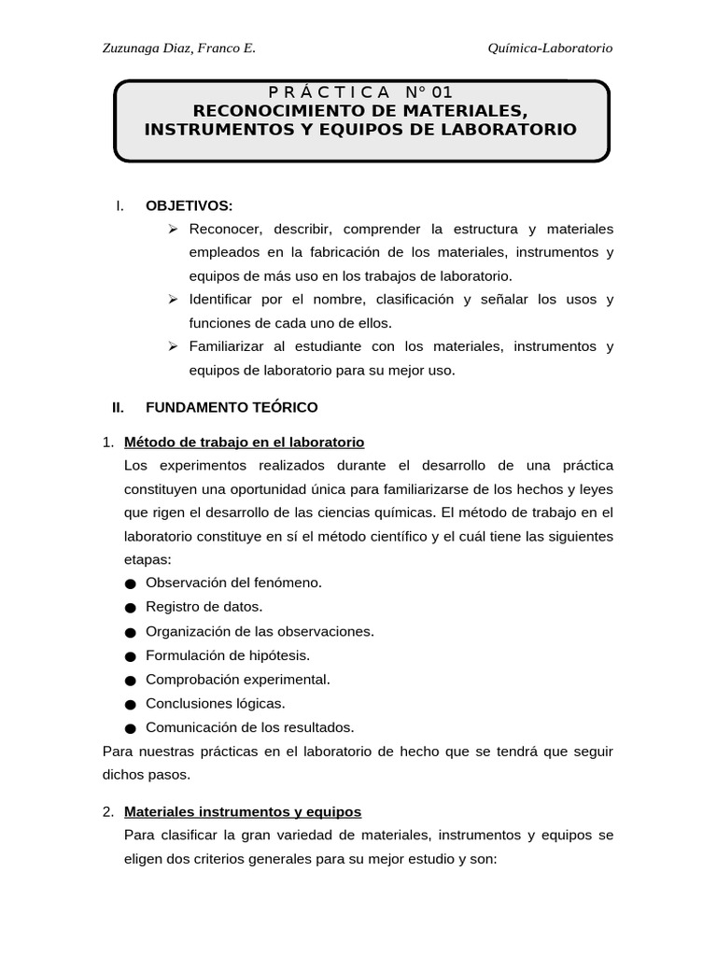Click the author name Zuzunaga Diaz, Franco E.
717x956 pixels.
[x=177, y=49]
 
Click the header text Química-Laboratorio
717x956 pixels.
[x=550, y=49]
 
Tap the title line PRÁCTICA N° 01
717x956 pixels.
[x=360, y=92]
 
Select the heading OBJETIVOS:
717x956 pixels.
[x=190, y=205]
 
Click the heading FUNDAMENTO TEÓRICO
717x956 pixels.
[x=232, y=407]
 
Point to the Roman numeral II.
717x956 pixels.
[x=118, y=407]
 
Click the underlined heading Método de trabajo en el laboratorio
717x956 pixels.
[x=244, y=442]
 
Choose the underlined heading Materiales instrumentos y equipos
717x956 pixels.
[x=242, y=812]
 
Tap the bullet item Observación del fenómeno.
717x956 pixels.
[x=233, y=583]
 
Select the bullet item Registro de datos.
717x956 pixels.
[x=204, y=607]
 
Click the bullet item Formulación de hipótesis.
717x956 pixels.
[x=228, y=655]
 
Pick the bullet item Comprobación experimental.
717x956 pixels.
[x=238, y=679]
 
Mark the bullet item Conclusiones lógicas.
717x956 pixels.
[x=216, y=703]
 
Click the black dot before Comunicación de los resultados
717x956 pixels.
[x=129, y=728]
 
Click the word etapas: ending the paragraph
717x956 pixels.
[x=148, y=559]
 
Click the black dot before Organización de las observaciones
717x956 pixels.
[x=129, y=632]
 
